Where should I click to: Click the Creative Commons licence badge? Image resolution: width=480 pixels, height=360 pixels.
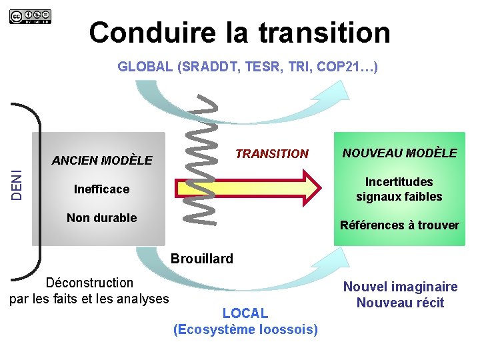(x=29, y=16)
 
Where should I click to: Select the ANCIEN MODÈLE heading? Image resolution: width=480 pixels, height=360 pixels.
(x=102, y=161)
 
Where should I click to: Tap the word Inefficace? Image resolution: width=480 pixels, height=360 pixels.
(x=101, y=189)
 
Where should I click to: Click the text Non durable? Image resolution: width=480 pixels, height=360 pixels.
(x=102, y=218)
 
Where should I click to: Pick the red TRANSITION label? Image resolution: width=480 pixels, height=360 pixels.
(x=272, y=154)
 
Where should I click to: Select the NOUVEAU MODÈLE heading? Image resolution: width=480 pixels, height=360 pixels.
(x=399, y=153)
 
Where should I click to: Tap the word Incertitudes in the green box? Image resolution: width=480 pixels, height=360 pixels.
(x=399, y=182)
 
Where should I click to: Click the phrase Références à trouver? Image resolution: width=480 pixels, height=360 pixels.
(x=399, y=225)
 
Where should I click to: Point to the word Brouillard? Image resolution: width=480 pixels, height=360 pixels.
(x=203, y=259)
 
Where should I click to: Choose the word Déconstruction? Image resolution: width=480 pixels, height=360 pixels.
(x=89, y=283)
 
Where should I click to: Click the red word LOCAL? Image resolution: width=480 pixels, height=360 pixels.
(x=245, y=313)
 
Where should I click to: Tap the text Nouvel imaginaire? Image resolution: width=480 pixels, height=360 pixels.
(x=400, y=287)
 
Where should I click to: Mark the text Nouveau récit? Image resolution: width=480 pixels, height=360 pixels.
(x=400, y=303)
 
